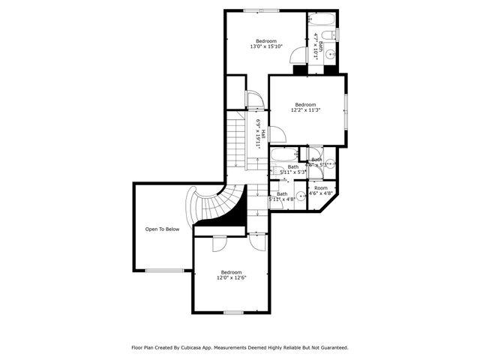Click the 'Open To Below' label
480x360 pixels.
coord(162,229)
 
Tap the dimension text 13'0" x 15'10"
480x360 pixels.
coord(266,46)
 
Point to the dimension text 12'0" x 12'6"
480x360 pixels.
coord(231,277)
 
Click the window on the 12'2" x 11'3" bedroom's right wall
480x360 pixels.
coord(346,109)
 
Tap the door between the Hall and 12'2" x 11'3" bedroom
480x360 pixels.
coord(277,135)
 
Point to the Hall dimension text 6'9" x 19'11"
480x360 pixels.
coord(257,132)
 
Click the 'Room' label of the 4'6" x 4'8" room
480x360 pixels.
coord(321,187)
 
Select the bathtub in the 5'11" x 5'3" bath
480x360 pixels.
coord(285,155)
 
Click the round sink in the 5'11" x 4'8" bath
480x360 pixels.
coord(301,196)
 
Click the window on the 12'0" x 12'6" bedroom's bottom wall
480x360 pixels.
coord(233,312)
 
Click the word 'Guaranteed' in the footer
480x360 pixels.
coord(331,347)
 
